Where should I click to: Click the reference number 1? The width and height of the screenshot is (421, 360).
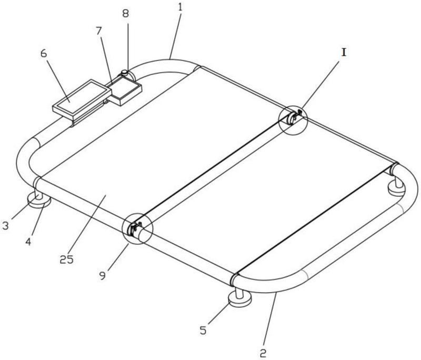click(180, 7)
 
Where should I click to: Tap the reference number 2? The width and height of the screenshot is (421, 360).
click(263, 353)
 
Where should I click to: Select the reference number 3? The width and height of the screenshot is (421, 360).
click(5, 225)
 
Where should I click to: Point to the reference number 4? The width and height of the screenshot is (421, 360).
click(28, 242)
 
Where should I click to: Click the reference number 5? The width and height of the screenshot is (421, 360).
click(203, 330)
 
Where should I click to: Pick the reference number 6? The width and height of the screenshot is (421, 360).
click(44, 54)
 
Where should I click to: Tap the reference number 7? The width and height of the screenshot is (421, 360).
click(99, 32)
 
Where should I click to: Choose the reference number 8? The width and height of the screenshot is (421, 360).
click(126, 14)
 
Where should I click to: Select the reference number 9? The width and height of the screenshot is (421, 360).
click(103, 276)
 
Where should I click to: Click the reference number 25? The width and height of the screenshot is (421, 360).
click(66, 259)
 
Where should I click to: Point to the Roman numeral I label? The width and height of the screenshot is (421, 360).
click(344, 53)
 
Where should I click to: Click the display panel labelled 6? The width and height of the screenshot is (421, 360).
click(82, 100)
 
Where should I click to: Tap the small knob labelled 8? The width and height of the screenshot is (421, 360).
click(125, 72)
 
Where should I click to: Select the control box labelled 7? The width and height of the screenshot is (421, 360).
click(124, 91)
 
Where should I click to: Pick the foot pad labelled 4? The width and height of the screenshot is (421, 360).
click(39, 202)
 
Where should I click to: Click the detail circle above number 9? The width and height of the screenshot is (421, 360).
click(137, 228)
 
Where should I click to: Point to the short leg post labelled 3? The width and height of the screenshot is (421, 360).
click(38, 195)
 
